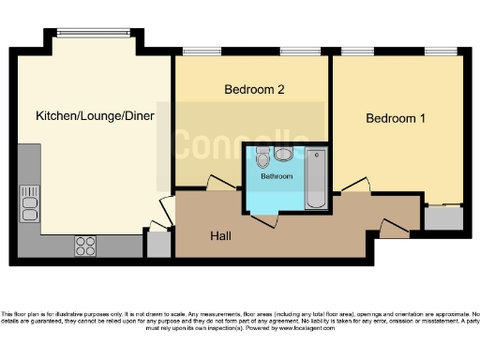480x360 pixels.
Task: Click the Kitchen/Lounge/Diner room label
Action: point(95,116)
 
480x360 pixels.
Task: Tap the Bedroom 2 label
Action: point(254,90)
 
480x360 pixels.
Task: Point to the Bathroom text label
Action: point(276,176)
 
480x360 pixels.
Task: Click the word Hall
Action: point(221,235)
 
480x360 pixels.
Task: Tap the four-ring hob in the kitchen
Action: point(84,246)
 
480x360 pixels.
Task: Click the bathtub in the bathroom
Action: point(315,178)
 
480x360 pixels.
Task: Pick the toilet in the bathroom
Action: point(262,157)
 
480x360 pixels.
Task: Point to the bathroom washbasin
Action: point(283,154)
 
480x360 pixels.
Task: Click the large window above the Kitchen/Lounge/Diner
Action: point(93,33)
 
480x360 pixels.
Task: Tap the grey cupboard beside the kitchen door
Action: point(158,245)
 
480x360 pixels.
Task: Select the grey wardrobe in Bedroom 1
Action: point(442,217)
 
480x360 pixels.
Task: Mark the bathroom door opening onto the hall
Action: point(263,219)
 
